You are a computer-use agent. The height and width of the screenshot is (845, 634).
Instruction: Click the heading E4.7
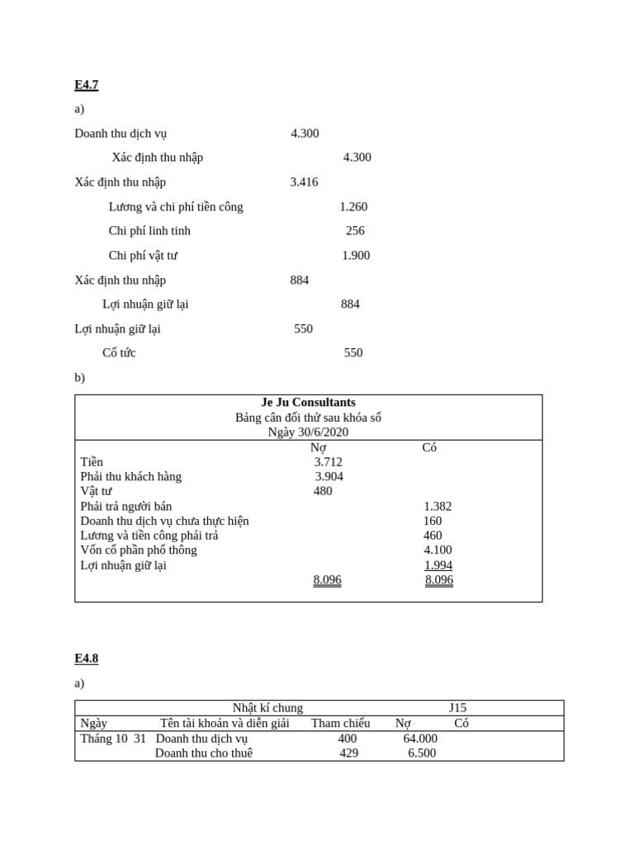tap(86, 85)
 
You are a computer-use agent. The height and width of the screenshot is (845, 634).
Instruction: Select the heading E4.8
tap(86, 659)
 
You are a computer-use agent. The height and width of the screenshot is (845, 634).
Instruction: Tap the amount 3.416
tap(304, 182)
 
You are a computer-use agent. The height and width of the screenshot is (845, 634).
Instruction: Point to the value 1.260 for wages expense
tap(353, 207)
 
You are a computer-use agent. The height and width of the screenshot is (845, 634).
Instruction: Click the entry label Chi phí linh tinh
tap(149, 231)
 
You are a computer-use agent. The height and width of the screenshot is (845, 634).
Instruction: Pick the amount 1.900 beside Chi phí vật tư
tap(356, 256)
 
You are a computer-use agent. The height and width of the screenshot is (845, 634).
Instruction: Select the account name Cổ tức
tap(119, 353)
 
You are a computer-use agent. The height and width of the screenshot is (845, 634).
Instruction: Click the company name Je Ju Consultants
tap(308, 403)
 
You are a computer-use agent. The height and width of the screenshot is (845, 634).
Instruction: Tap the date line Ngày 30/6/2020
tap(308, 432)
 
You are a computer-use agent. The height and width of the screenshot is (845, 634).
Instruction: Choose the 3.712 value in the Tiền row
tap(328, 462)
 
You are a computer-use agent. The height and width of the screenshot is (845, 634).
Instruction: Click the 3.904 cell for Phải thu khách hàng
tap(329, 476)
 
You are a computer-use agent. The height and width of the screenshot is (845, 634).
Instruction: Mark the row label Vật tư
tap(96, 491)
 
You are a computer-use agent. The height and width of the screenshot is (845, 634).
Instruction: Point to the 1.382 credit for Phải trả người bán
tap(438, 507)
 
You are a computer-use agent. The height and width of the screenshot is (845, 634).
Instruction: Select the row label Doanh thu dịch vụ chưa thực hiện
tap(164, 521)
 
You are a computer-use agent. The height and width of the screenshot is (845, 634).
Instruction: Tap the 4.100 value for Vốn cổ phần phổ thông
tap(438, 550)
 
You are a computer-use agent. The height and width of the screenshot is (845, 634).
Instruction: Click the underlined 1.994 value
tap(438, 565)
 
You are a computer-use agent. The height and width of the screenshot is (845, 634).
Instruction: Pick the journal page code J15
tap(457, 708)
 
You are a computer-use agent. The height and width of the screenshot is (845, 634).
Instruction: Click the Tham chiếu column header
tap(340, 724)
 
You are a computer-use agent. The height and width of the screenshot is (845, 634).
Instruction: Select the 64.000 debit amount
tap(420, 739)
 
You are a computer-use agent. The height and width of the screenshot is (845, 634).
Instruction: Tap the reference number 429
tap(348, 753)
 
